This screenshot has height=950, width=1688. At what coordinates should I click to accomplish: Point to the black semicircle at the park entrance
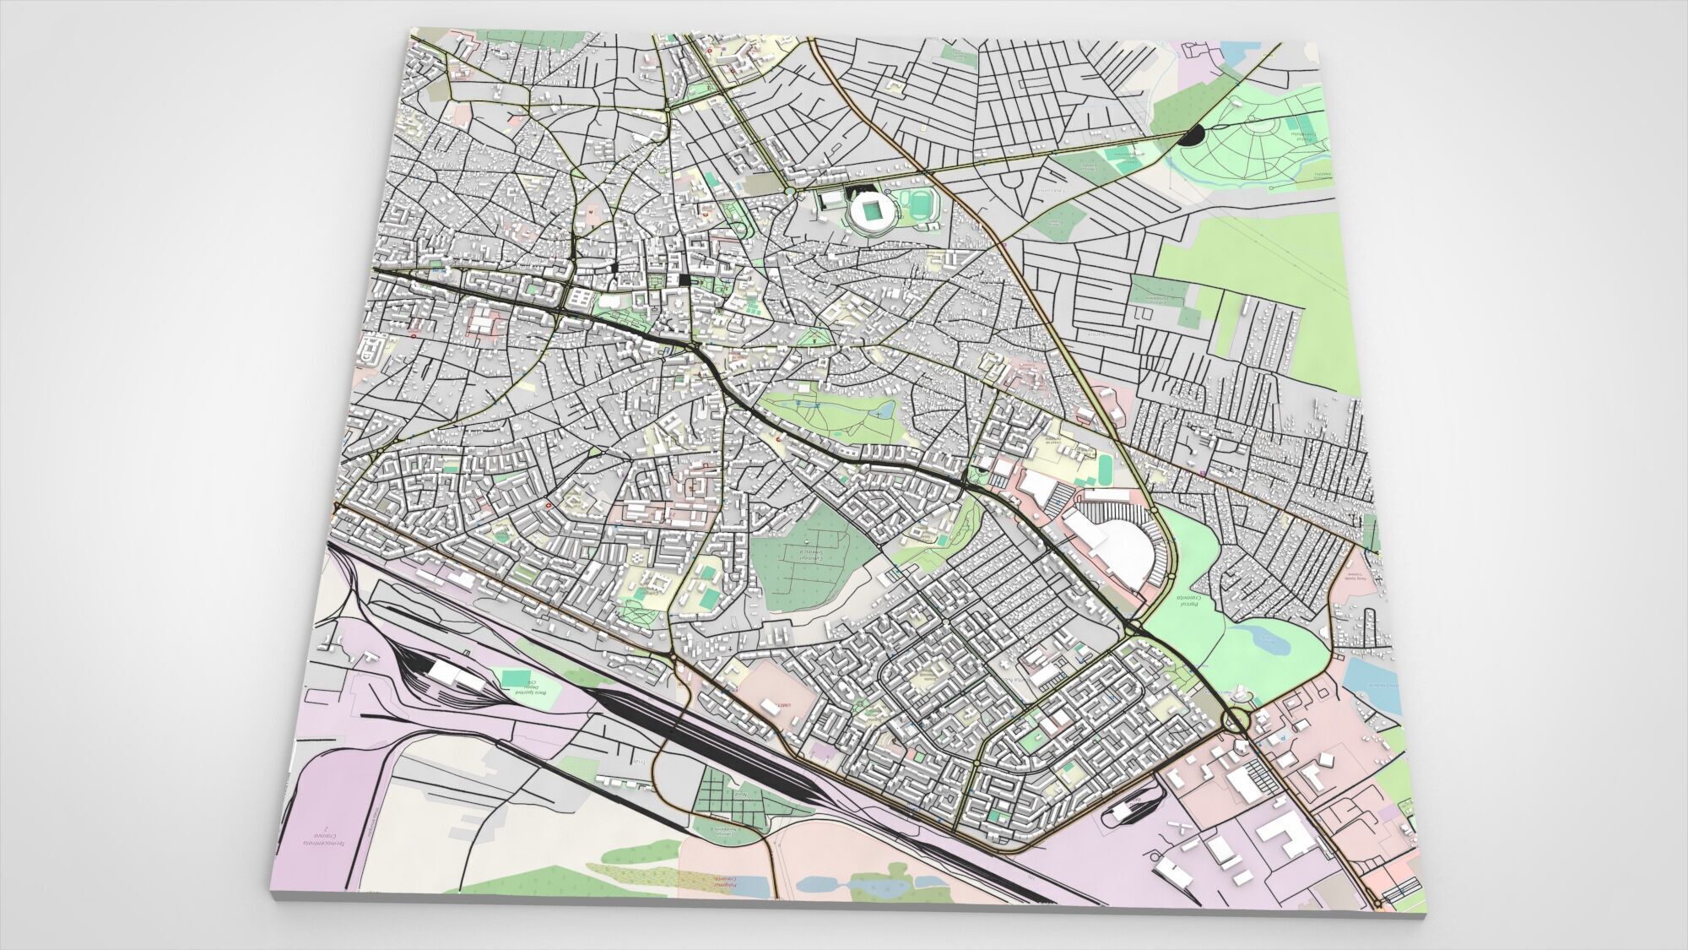coord(1193,135)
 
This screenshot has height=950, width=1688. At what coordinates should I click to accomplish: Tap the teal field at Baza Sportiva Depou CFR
coord(511,678)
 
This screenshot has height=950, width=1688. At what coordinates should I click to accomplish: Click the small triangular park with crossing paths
coord(814,339)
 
